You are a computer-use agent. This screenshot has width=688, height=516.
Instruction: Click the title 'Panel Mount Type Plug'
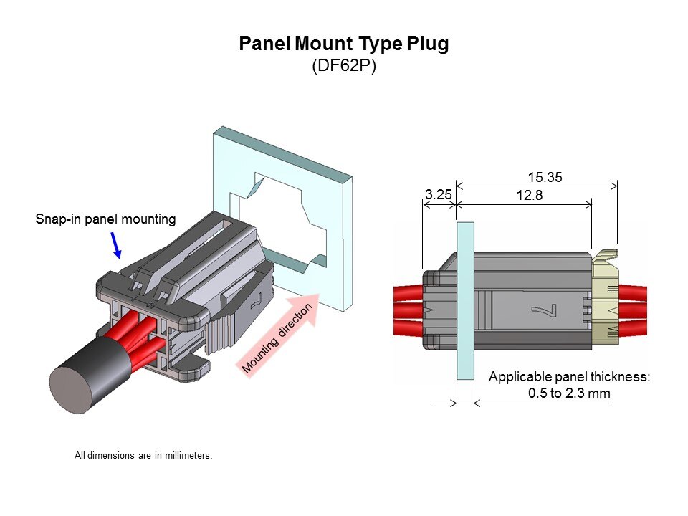tap(343, 44)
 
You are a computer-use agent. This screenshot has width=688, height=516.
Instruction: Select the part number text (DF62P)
tap(344, 66)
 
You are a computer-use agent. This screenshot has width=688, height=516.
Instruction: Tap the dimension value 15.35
tap(544, 177)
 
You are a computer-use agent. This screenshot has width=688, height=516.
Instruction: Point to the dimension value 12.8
tap(529, 194)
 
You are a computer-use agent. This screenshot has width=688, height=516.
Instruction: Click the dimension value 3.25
tap(438, 194)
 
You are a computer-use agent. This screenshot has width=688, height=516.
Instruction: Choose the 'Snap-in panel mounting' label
tap(105, 219)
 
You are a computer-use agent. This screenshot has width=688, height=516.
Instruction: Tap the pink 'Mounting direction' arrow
tap(279, 333)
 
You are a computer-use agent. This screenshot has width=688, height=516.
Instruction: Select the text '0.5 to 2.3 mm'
tap(569, 393)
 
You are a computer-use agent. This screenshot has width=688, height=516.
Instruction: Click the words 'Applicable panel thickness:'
tap(569, 376)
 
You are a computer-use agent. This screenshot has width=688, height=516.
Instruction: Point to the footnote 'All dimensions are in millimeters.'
tap(143, 455)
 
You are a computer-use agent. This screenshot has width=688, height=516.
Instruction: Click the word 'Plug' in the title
tap(428, 44)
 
